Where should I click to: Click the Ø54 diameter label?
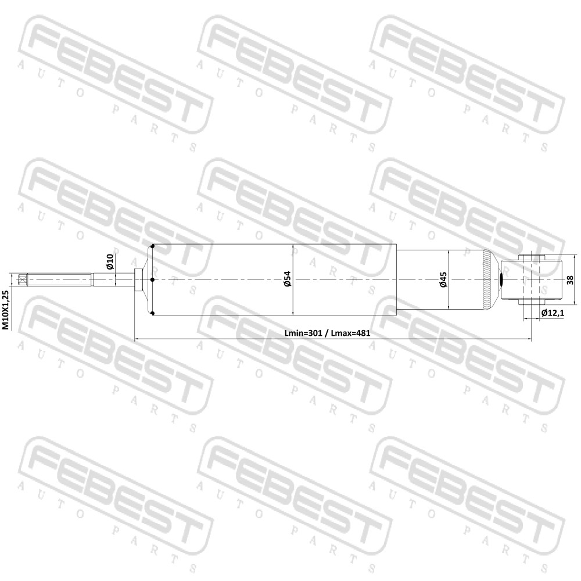click(288, 279)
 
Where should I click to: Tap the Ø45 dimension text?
click(443, 279)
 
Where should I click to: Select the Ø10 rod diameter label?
click(110, 261)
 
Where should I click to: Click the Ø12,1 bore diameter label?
click(553, 313)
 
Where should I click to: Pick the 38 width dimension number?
click(571, 280)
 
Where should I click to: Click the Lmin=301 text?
click(303, 333)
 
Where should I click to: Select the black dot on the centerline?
click(152, 280)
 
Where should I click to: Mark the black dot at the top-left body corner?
click(152, 246)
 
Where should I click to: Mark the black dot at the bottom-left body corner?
click(153, 314)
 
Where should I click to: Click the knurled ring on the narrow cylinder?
click(486, 279)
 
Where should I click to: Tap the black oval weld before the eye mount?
click(501, 280)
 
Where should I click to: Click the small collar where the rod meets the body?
click(138, 280)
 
